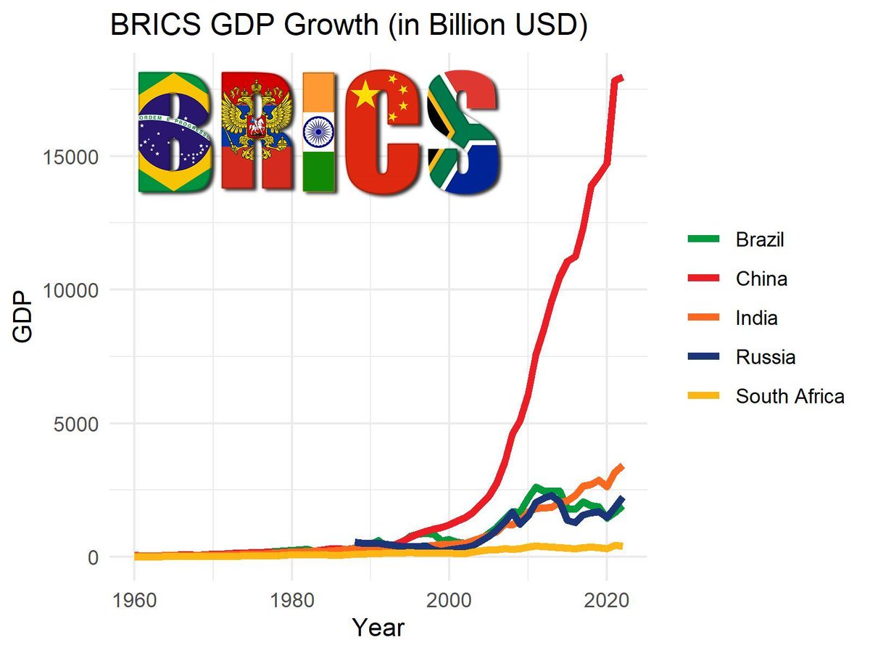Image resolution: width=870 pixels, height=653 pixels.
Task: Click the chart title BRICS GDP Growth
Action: click(348, 27)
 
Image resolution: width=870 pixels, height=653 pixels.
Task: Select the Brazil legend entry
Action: click(759, 239)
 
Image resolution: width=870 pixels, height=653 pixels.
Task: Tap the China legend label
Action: click(761, 279)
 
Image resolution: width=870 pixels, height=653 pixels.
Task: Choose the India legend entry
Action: click(756, 318)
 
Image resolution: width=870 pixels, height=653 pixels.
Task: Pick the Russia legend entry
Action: click(765, 357)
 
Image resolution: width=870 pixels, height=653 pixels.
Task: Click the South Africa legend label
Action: click(790, 396)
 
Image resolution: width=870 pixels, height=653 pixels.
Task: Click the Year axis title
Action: click(377, 627)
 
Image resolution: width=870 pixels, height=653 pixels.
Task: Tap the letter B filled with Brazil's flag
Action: click(174, 132)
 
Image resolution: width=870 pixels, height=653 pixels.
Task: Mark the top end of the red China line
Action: click(621, 77)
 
